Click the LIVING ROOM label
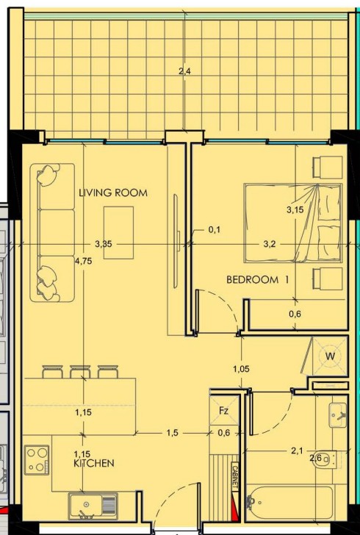coord(113,193)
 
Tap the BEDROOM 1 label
coord(258,280)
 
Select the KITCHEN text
coord(94,463)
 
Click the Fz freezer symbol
coord(223,411)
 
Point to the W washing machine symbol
coord(330,356)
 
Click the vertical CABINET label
coord(235,476)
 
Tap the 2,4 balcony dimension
coord(184,71)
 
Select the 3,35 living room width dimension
coord(104,244)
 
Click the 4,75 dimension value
coord(83,261)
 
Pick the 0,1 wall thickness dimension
coord(215,230)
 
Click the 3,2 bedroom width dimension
coord(270,244)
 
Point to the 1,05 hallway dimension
coord(241,369)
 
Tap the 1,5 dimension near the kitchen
coord(173,433)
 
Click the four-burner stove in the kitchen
coord(37,459)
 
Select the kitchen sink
coord(93,506)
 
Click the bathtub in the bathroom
coord(289,503)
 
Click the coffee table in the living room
coord(118,233)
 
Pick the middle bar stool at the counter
coord(80,372)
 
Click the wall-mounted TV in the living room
coord(176,241)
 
